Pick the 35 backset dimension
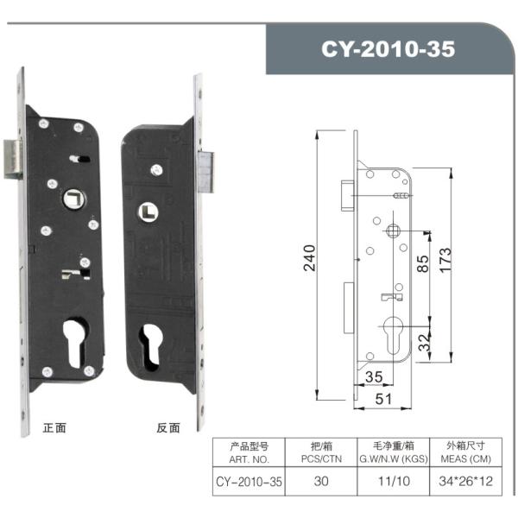(373, 376)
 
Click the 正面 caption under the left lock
(54, 427)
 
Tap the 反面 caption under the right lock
(167, 427)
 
